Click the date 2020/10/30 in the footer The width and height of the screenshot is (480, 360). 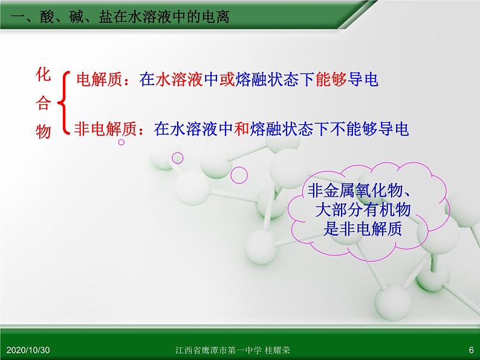click(28, 350)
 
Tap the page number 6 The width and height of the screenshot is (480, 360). click(471, 350)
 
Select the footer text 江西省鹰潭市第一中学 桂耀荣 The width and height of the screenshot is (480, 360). click(233, 350)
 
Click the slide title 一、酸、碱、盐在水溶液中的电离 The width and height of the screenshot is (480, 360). click(120, 16)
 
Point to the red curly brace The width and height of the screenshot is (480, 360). click(62, 103)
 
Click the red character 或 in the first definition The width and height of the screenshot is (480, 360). click(227, 79)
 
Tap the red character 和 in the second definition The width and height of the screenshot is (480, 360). click(242, 129)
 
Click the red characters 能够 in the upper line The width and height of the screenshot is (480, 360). click(331, 79)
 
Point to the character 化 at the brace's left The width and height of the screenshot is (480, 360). click(43, 74)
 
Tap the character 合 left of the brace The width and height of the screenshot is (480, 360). click(43, 103)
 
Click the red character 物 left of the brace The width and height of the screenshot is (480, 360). click(43, 132)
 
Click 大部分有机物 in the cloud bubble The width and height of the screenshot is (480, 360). click(363, 210)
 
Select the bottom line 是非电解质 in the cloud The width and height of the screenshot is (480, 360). click(363, 229)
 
